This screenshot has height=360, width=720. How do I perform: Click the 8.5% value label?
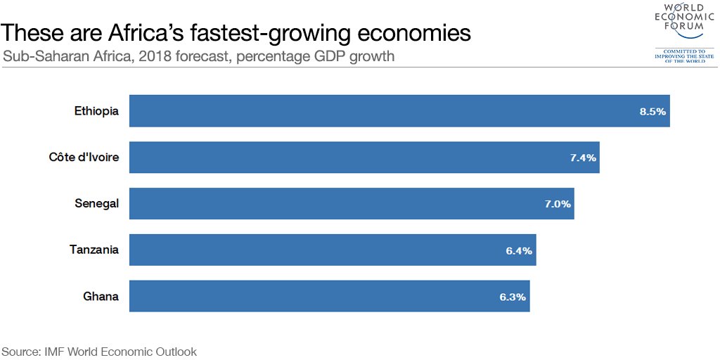coord(652,111)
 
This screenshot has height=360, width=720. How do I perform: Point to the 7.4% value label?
coord(583,157)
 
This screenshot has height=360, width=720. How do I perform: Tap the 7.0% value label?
coord(558,204)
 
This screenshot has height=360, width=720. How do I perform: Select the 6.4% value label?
coord(519,250)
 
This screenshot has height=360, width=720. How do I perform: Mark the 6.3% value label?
coord(513,297)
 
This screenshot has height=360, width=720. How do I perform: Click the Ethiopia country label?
coord(96,111)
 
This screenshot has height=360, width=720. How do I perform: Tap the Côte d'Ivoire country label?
coord(84,157)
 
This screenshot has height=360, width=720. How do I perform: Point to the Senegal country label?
coord(96,204)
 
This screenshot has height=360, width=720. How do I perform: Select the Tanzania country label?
coord(94,250)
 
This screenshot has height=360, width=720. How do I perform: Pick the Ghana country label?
coord(101,297)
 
